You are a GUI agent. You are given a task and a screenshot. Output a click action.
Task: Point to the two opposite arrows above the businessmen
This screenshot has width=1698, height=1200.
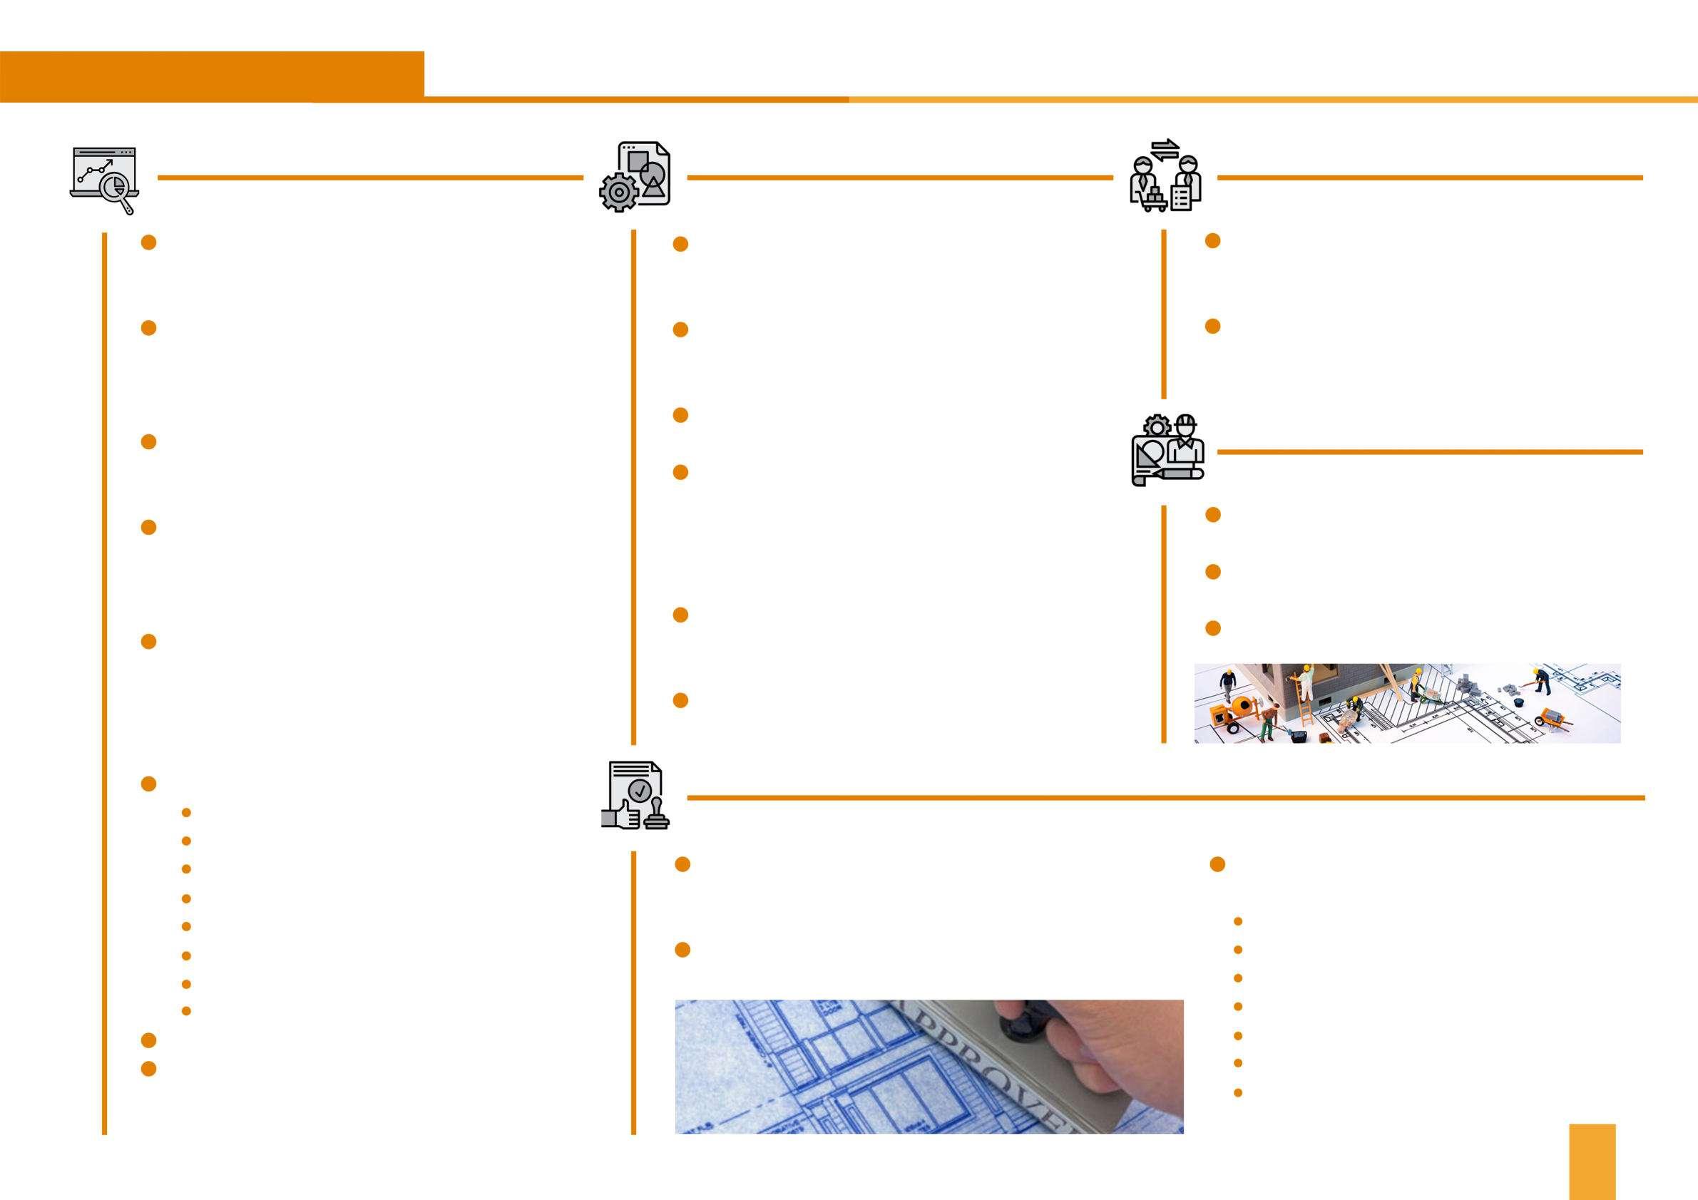pyautogui.click(x=1166, y=148)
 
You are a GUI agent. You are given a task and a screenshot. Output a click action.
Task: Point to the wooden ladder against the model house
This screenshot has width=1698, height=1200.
pyautogui.click(x=1305, y=706)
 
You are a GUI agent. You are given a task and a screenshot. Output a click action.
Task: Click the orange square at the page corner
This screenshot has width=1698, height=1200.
pyautogui.click(x=1592, y=1161)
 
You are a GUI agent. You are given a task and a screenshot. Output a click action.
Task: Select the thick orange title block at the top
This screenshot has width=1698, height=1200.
pyautogui.click(x=212, y=76)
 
